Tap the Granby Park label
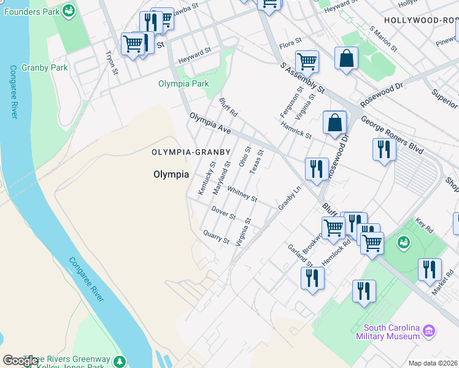(x=45, y=67)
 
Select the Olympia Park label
(x=183, y=83)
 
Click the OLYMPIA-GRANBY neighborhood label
(x=191, y=151)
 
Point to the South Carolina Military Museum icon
(x=430, y=332)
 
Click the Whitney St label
(x=242, y=194)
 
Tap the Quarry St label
(x=216, y=236)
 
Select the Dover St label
(x=223, y=213)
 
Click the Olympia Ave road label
(x=210, y=122)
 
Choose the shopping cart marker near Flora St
(x=306, y=61)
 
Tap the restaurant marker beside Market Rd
(x=430, y=269)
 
